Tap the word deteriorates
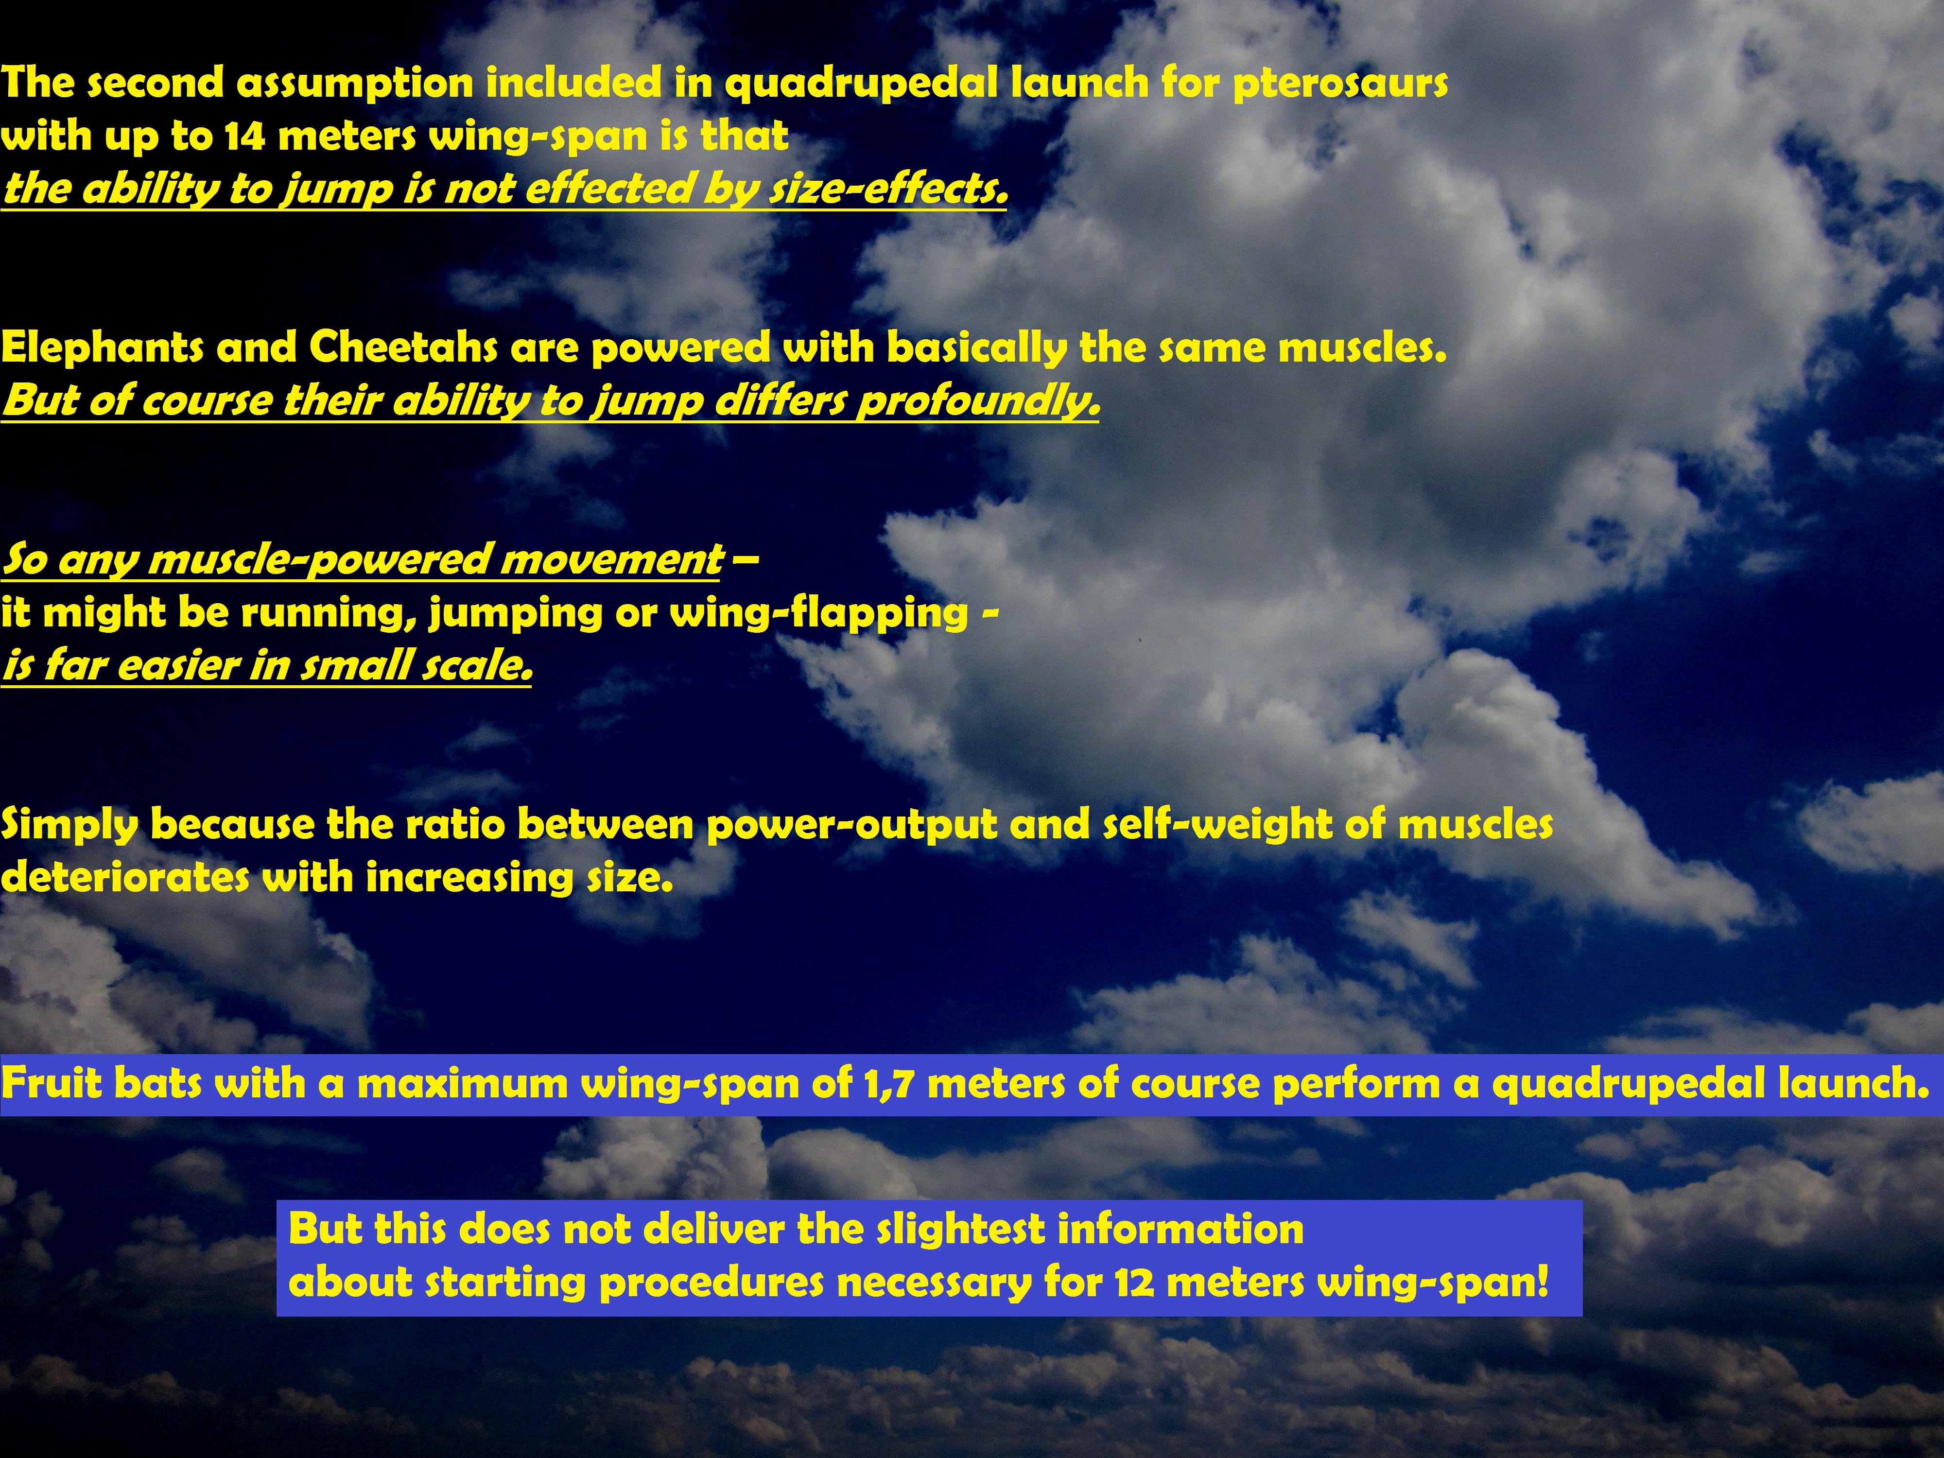pyautogui.click(x=125, y=877)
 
